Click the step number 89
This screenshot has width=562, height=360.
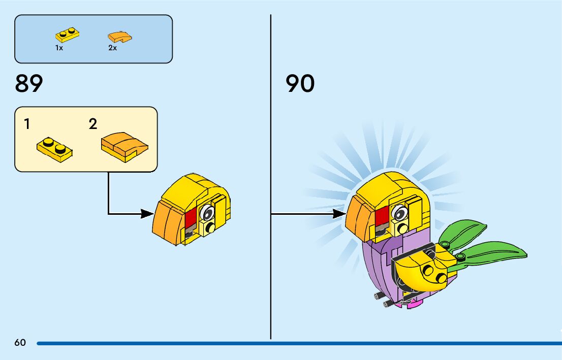click(x=29, y=84)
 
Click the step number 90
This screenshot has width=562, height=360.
click(x=300, y=84)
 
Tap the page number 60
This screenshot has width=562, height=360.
click(x=20, y=343)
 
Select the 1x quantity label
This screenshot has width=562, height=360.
click(x=59, y=48)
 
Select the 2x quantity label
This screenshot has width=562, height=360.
click(x=112, y=48)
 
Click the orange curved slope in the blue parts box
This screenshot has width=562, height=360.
click(x=120, y=37)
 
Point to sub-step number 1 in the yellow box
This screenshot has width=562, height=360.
click(x=26, y=124)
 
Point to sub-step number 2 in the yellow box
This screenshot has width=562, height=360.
click(x=92, y=124)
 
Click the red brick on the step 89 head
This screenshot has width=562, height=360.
click(x=191, y=219)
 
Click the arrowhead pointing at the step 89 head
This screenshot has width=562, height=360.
click(x=147, y=214)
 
